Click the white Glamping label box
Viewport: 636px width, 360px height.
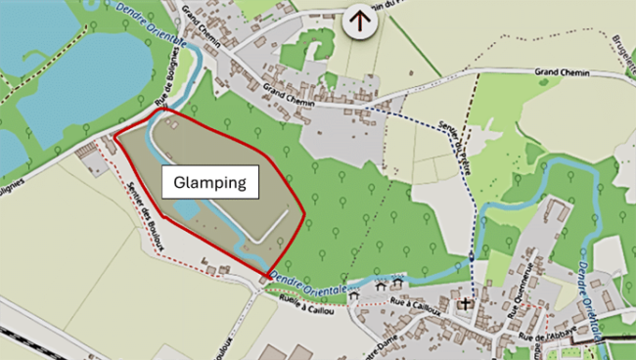pos(210,182)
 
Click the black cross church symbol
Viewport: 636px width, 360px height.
pos(467,302)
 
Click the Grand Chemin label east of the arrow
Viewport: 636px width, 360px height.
pos(562,73)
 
